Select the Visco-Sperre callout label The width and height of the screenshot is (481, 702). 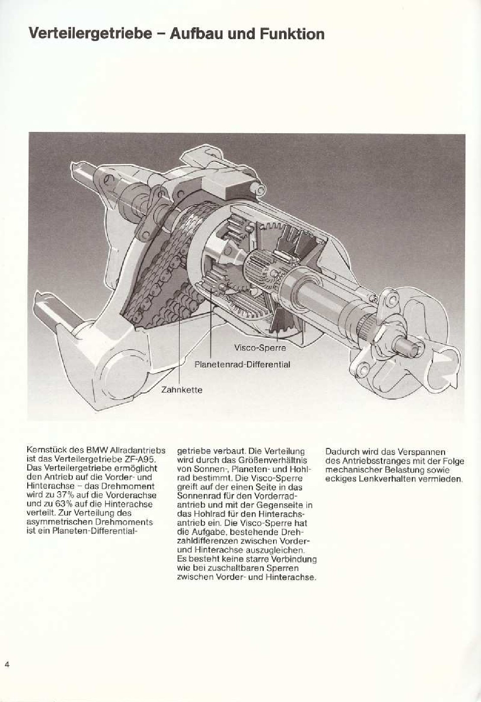tap(260, 348)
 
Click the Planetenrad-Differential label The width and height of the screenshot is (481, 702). tap(242, 364)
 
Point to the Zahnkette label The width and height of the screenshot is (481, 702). tap(181, 390)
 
